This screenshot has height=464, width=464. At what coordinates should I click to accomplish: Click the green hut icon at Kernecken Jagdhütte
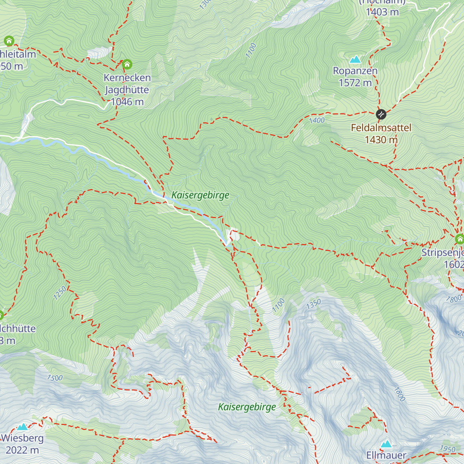tap(127, 64)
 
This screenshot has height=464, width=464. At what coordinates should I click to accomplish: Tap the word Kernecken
tap(127, 78)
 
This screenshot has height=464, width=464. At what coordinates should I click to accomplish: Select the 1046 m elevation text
tap(127, 102)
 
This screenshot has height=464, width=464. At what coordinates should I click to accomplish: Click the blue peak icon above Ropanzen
tap(355, 60)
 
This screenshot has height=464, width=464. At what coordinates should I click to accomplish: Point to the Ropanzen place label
tap(355, 71)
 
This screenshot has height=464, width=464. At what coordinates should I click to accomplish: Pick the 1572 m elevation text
tap(355, 83)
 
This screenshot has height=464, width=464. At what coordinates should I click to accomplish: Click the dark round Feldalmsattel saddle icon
tap(381, 114)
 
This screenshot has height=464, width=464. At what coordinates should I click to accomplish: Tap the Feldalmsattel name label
tap(381, 128)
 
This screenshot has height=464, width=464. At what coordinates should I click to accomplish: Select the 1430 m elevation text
tap(381, 140)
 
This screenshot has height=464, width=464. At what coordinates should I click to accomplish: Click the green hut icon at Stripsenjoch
tap(459, 239)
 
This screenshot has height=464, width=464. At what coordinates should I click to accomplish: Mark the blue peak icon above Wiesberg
tap(22, 427)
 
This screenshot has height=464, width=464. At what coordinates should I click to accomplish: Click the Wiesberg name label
tap(22, 438)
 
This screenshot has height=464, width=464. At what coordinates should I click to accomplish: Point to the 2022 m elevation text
tap(22, 450)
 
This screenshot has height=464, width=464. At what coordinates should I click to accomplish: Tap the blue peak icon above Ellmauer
tap(386, 444)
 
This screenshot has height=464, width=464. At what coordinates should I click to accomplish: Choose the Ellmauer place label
tap(386, 455)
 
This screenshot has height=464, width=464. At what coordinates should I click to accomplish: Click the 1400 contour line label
tap(317, 120)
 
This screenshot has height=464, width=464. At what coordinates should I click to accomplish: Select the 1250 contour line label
tap(60, 293)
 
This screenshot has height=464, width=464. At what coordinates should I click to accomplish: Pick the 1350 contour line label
tap(314, 304)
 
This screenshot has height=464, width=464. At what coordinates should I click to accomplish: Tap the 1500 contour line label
tap(55, 378)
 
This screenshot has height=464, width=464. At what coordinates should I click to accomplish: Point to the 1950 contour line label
tap(447, 449)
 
